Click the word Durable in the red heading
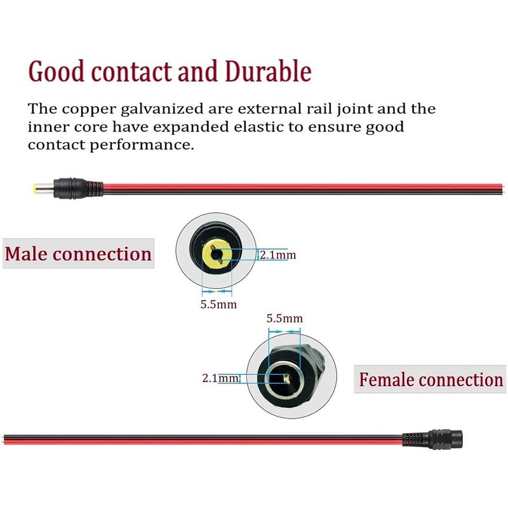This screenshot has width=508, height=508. tap(268, 71)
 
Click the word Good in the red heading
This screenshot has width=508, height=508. tap(57, 71)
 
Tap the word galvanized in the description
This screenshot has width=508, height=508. tap(162, 109)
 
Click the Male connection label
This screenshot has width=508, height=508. tap(78, 253)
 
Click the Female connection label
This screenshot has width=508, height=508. tap(430, 379)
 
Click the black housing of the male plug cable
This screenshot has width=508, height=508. tap(70, 188)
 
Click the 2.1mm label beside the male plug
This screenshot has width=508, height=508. tap(277, 255)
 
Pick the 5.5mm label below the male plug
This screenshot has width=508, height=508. tap(218, 304)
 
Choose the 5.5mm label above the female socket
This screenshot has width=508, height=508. tap(284, 318)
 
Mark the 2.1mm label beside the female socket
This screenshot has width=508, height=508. tap(220, 378)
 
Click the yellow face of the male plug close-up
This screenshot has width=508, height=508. tap(217, 255)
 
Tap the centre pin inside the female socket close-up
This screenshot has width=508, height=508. tap(286, 378)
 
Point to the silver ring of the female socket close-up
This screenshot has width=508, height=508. tap(284, 379)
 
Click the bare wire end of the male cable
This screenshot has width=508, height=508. tap(504, 189)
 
